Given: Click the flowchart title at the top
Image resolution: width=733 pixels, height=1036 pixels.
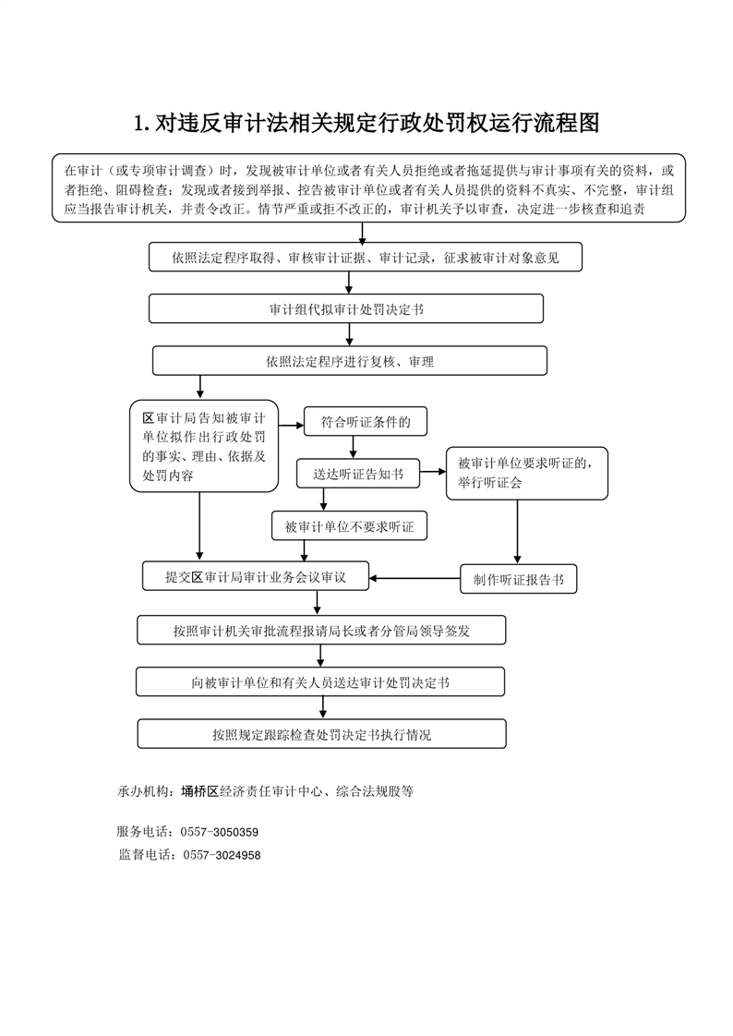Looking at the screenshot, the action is tap(366, 123).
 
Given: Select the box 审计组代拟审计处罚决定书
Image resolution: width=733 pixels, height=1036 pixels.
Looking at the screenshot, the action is tap(346, 308).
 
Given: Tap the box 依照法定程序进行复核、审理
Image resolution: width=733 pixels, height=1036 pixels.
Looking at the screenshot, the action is tap(350, 361).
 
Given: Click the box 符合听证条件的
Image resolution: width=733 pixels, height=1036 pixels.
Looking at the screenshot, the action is tap(366, 422).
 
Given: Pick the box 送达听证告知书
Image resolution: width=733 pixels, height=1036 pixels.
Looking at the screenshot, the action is tap(358, 474).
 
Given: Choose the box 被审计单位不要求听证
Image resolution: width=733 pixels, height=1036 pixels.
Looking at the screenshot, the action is tap(349, 526).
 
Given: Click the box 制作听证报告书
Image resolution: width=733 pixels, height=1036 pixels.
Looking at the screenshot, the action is tap(519, 580).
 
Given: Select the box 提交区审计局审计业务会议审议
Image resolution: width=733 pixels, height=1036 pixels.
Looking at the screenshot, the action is tap(256, 576).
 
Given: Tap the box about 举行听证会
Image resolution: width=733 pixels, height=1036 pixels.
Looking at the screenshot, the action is tap(527, 473).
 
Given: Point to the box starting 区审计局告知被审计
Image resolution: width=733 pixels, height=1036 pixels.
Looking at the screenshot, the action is tap(204, 446).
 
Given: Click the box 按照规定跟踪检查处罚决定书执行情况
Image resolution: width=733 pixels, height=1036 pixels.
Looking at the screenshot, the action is tap(321, 734).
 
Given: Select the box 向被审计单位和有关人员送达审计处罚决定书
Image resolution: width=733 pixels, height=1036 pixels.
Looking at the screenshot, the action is tap(320, 681).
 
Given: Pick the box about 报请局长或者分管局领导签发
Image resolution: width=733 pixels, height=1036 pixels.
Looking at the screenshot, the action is tap(321, 631).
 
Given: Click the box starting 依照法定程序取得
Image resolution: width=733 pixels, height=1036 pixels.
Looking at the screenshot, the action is tap(366, 257).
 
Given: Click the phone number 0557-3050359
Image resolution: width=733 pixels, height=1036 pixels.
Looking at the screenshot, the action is tap(219, 832).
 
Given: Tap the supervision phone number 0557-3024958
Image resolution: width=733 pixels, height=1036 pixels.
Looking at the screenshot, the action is tap(222, 855).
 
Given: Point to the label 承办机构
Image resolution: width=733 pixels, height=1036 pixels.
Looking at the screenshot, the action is tap(143, 791).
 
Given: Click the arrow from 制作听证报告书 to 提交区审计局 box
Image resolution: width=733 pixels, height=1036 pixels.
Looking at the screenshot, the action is tap(415, 579).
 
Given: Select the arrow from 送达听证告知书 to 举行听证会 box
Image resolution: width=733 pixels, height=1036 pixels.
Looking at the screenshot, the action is tap(433, 472).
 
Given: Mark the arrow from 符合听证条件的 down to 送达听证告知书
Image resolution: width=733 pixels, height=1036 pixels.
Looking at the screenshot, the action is tap(353, 447).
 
